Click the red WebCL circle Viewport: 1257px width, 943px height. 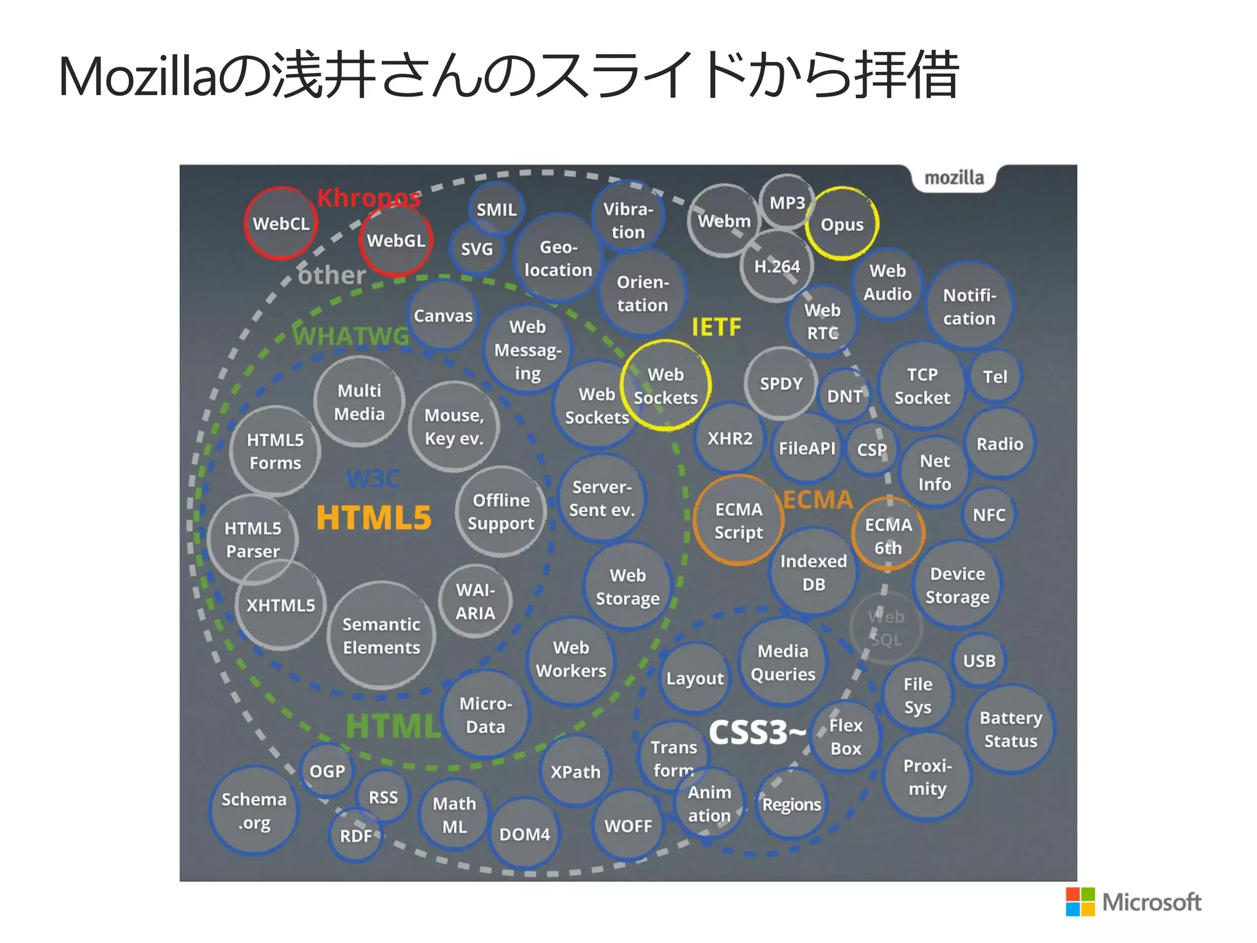click(280, 223)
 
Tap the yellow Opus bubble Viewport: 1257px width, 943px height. click(842, 224)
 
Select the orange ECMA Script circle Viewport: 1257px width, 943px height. click(738, 521)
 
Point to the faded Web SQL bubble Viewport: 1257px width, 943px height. click(886, 627)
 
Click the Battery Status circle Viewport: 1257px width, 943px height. click(1010, 729)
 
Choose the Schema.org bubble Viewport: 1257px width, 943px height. click(253, 810)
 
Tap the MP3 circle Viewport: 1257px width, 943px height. click(787, 203)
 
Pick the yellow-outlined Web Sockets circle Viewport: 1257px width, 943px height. click(665, 386)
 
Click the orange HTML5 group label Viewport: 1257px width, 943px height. click(374, 518)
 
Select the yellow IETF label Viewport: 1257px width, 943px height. click(716, 327)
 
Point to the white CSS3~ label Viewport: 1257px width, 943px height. click(757, 732)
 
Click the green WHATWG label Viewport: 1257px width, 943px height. click(351, 336)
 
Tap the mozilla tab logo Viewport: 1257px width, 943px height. click(954, 178)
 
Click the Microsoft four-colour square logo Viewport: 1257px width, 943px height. click(1080, 902)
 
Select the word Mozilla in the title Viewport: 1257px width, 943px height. click(138, 77)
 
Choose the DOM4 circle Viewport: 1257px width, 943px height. click(524, 834)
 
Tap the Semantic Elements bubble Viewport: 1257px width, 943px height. click(381, 635)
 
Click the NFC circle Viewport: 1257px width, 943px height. click(989, 514)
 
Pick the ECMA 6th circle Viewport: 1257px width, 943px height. click(888, 535)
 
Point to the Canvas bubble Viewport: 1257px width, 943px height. click(443, 316)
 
